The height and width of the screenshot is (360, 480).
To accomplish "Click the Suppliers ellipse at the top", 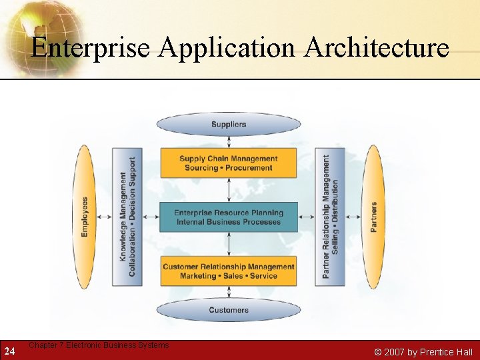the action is (x=229, y=124).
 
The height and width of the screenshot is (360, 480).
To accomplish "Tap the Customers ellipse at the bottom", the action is (x=229, y=310).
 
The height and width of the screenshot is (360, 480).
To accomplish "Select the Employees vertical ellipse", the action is (x=85, y=217).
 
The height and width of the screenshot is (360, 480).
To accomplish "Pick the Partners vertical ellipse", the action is (x=373, y=217).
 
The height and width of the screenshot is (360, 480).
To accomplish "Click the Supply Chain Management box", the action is (x=229, y=163).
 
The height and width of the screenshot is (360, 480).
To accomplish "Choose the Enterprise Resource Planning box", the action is (x=229, y=217).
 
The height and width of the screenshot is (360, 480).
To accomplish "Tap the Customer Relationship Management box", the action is (x=229, y=271).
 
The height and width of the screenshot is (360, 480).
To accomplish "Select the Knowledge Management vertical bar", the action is (x=127, y=217).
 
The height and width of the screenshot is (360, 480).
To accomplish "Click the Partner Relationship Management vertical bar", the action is (x=330, y=217).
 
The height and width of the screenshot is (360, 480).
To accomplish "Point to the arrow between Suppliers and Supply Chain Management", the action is (x=229, y=141).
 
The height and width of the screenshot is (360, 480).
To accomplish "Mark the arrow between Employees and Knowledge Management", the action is (x=104, y=217).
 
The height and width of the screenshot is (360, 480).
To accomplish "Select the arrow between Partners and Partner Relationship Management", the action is (x=353, y=217).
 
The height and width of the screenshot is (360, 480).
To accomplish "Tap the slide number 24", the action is (x=9, y=351).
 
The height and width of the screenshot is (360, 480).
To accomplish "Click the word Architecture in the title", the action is (x=376, y=48).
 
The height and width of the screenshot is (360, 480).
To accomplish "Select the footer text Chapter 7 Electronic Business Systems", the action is (x=99, y=345).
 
